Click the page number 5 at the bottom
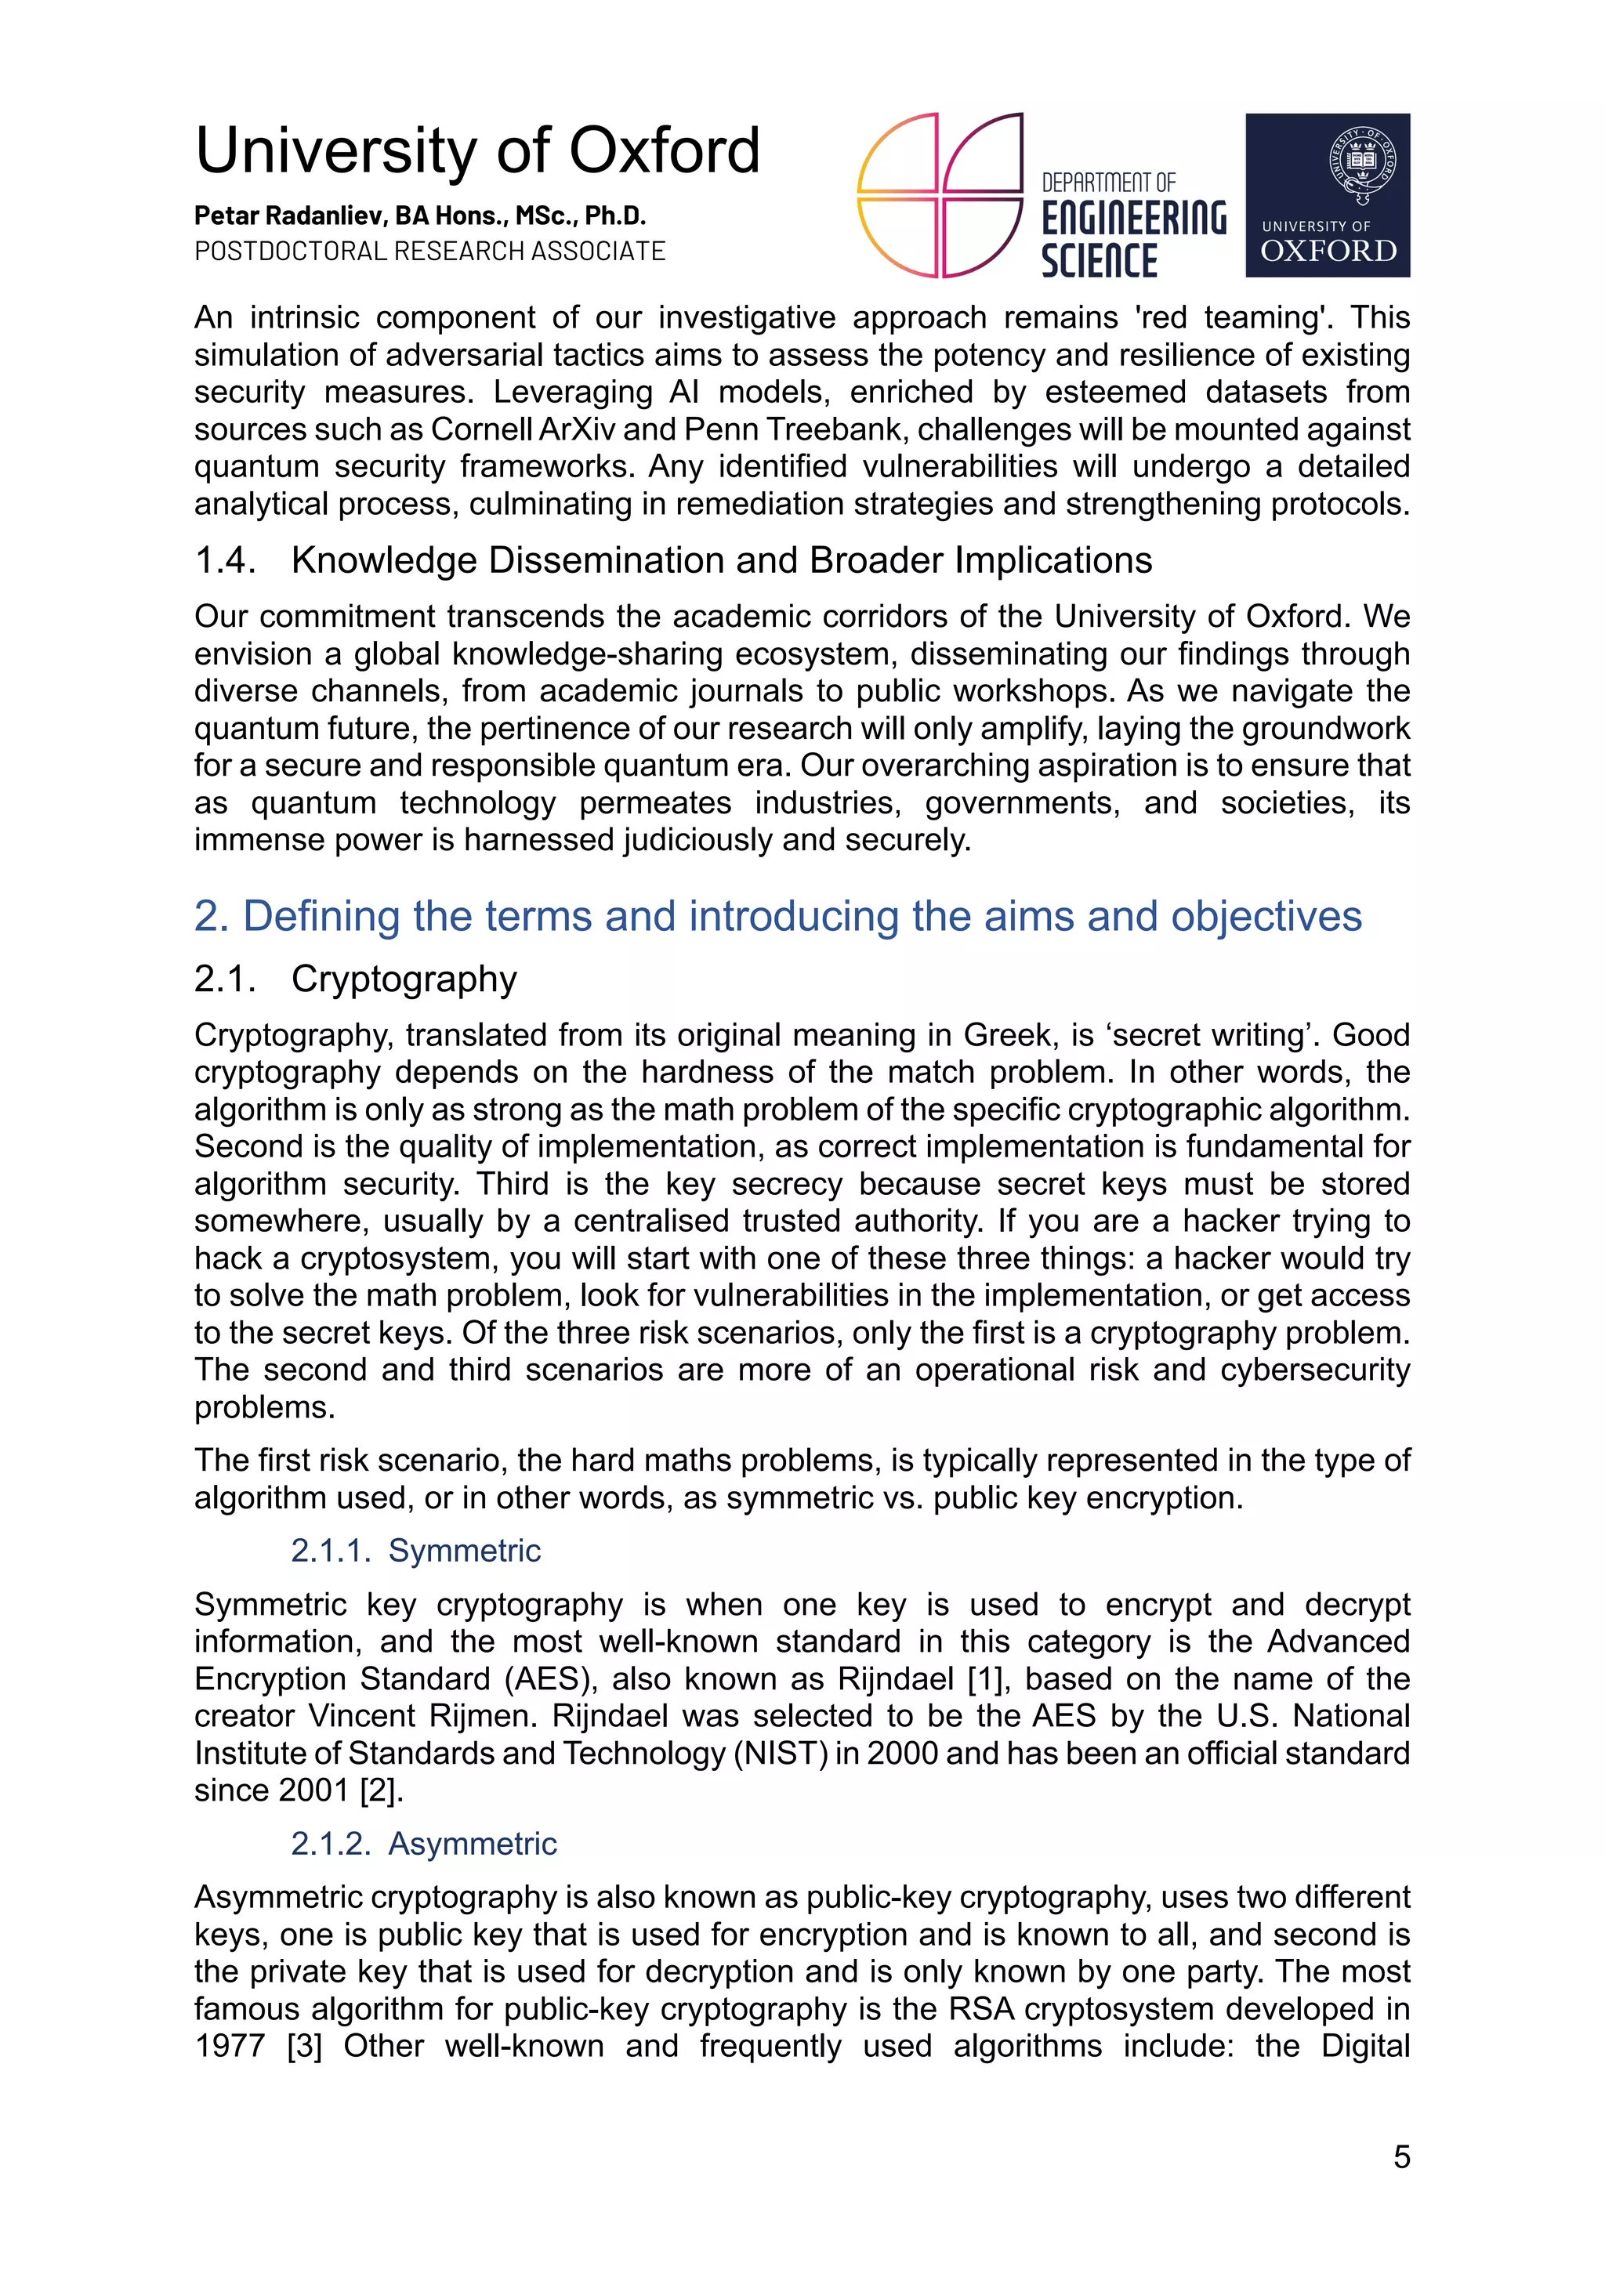pos(1401,2156)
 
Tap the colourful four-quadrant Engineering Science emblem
pos(939,195)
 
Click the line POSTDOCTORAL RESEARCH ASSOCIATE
pos(430,251)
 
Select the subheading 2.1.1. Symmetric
pos(415,1550)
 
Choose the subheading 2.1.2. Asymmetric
pos(423,1843)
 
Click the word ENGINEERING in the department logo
pos(1133,219)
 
